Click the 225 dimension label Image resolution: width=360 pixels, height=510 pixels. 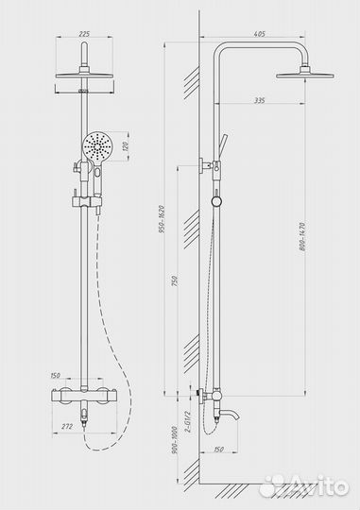tap(84, 34)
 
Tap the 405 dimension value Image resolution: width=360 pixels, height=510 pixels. tap(260, 34)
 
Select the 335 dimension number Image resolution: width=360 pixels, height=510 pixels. tap(260, 100)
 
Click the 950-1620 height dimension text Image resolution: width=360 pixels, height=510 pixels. tap(163, 219)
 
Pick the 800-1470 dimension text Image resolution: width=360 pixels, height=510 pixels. tap(302, 236)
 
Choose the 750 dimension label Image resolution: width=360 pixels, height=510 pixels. tap(174, 281)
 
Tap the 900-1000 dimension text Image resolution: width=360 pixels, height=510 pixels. tap(175, 440)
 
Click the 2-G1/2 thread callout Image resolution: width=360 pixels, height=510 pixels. tap(188, 421)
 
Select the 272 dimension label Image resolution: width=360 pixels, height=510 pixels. tap(67, 426)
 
